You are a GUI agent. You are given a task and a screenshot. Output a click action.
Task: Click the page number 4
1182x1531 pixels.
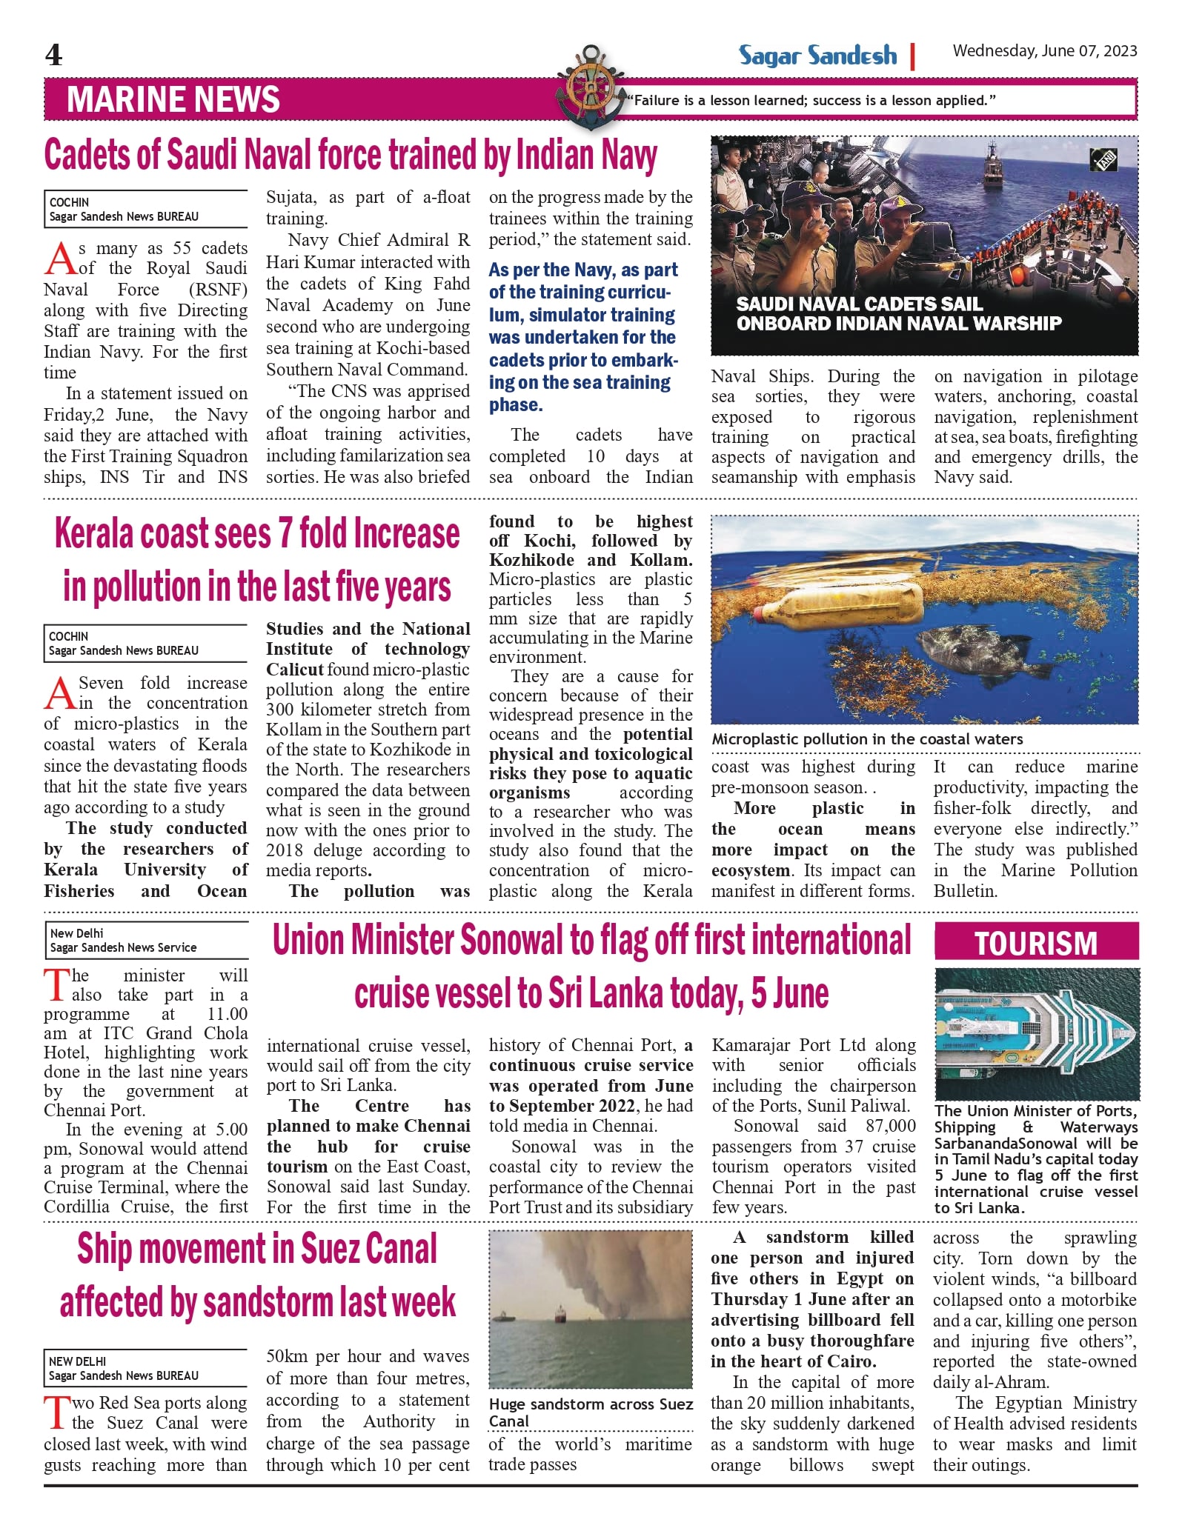(x=53, y=55)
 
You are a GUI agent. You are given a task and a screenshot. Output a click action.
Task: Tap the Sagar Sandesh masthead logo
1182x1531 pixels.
(x=817, y=56)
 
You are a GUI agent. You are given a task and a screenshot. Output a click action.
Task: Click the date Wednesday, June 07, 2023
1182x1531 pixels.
(x=1044, y=51)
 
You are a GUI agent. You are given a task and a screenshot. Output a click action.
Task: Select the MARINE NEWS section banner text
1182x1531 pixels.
(x=173, y=99)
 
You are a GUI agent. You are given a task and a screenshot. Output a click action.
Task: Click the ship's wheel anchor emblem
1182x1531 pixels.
(x=591, y=86)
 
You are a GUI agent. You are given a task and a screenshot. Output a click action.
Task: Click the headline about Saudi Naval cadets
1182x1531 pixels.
(x=351, y=156)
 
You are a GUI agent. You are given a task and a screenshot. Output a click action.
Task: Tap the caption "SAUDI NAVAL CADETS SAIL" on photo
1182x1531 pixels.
(x=860, y=304)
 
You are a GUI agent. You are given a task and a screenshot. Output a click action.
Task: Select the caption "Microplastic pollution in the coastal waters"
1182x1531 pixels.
(x=867, y=739)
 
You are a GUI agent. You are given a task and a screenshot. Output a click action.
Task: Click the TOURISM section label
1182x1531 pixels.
(x=1036, y=944)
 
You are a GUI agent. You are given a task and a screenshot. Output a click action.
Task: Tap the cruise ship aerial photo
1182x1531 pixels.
(x=1037, y=1033)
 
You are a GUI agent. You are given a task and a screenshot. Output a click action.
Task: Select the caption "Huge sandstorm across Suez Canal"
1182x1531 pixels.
(x=591, y=1412)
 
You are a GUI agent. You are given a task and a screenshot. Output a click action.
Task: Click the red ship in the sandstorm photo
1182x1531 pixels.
(x=560, y=1315)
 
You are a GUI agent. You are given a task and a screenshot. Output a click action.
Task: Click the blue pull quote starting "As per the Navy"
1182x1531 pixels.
(x=583, y=337)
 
